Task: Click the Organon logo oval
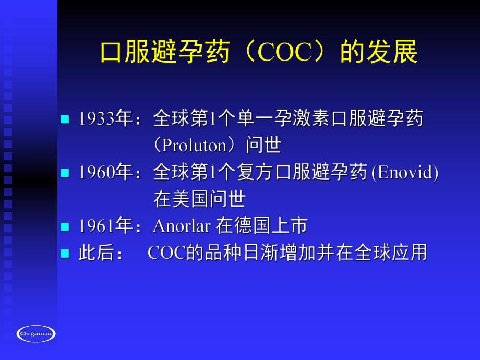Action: [36, 333]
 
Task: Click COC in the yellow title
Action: [284, 53]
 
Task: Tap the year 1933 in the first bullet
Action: [97, 119]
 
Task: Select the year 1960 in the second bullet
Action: [97, 173]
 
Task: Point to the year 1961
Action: [97, 226]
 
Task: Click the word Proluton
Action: [196, 146]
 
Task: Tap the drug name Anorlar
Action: [182, 226]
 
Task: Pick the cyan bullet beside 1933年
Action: [65, 119]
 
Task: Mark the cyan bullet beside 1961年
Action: [65, 226]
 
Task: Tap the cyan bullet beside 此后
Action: [65, 254]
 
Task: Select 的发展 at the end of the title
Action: [379, 53]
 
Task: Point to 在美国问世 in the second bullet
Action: [199, 199]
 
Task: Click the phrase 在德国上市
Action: [261, 226]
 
